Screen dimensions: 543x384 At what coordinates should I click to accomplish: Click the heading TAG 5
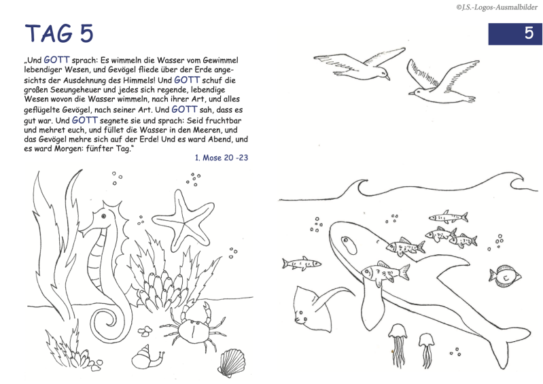tap(59, 33)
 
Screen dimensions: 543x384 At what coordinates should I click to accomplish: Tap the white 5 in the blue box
tap(529, 33)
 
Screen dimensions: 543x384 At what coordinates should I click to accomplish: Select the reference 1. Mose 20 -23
tap(222, 158)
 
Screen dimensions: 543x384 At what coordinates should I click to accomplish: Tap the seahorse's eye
tap(103, 216)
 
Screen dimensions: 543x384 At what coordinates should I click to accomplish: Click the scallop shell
tap(231, 362)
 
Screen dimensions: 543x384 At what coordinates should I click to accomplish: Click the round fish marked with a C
tap(505, 277)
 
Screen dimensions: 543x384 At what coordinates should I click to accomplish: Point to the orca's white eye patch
tap(349, 245)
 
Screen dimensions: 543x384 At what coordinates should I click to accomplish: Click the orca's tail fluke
tap(511, 346)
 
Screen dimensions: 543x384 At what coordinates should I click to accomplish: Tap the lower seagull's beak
tap(411, 93)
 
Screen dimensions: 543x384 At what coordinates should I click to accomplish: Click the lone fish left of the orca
tap(301, 264)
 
